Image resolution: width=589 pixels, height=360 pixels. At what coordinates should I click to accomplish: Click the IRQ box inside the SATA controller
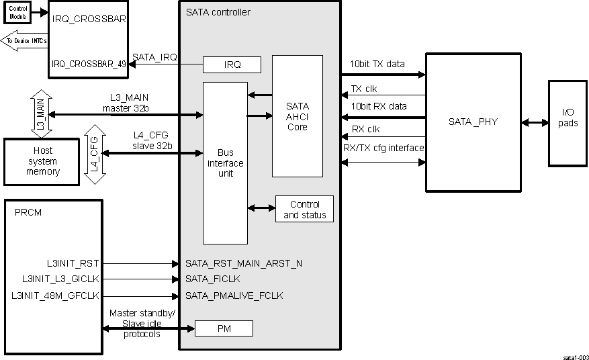(232, 64)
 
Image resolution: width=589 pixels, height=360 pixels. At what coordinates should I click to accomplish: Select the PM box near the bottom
(224, 328)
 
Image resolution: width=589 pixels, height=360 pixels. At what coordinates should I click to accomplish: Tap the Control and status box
(304, 210)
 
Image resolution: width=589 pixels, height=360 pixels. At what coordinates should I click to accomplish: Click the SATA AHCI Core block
(297, 116)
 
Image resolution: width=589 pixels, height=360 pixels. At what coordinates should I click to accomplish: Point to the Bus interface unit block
(225, 163)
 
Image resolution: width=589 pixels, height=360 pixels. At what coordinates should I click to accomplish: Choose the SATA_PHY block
(473, 122)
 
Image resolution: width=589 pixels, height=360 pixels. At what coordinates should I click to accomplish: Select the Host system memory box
(43, 161)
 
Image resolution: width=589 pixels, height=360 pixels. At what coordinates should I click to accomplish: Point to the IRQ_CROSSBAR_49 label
(89, 64)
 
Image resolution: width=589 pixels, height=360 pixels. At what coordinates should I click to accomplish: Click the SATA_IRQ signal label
(154, 58)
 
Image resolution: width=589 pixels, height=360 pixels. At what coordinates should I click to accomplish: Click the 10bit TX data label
(377, 64)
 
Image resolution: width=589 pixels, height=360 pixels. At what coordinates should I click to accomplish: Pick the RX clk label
(366, 130)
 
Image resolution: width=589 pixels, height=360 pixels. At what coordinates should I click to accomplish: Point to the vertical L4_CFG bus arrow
(95, 154)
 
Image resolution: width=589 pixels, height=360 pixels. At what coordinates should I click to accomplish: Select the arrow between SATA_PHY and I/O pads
(535, 123)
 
